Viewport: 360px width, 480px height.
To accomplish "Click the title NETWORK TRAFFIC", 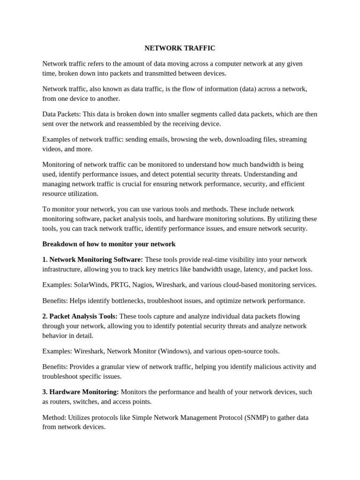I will pyautogui.click(x=180, y=48).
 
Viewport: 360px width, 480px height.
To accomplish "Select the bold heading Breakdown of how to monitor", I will pyautogui.click(x=109, y=244).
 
